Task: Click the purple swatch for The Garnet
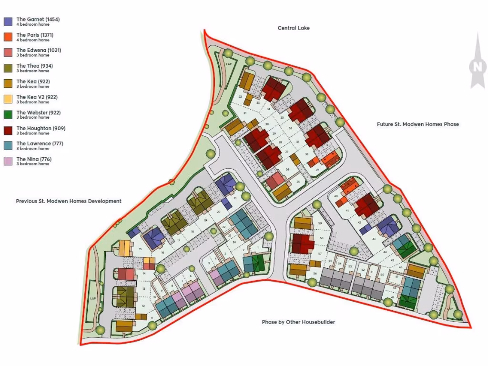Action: point(8,21)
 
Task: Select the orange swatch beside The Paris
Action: point(8,37)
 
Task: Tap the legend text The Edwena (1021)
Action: point(39,50)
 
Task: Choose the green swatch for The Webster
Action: point(8,115)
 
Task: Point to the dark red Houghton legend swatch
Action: point(8,131)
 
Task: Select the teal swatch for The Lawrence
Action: point(8,146)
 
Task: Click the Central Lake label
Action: point(294,28)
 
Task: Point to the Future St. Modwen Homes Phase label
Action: point(417,124)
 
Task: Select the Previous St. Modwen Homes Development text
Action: point(69,201)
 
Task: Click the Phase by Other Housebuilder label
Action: point(298,322)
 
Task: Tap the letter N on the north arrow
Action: point(477,67)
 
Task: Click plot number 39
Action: point(317,169)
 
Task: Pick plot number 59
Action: point(320,223)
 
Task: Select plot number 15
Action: point(140,249)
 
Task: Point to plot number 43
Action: point(374,239)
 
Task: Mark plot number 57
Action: point(320,254)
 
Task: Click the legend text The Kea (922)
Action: point(33,81)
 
